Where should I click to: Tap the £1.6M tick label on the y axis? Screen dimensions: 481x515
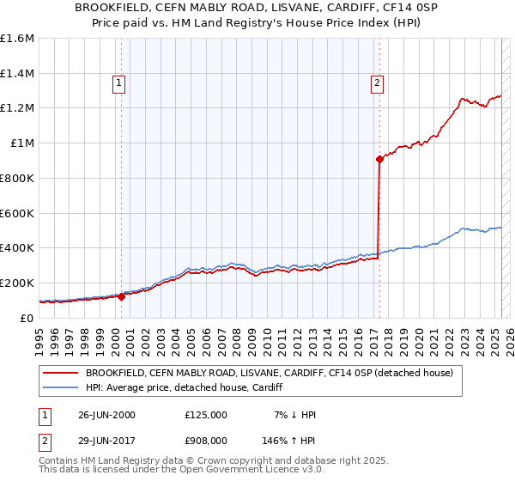pyautogui.click(x=17, y=39)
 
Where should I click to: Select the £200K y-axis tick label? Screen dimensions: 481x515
pyautogui.click(x=17, y=283)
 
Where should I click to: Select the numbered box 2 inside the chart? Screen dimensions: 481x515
pyautogui.click(x=378, y=83)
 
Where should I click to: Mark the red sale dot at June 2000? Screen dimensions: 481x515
pyautogui.click(x=122, y=296)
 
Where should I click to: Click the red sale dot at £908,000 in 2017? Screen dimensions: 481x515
pyautogui.click(x=379, y=159)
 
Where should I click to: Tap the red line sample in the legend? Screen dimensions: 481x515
pyautogui.click(x=59, y=373)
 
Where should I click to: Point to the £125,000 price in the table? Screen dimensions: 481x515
pyautogui.click(x=206, y=415)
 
